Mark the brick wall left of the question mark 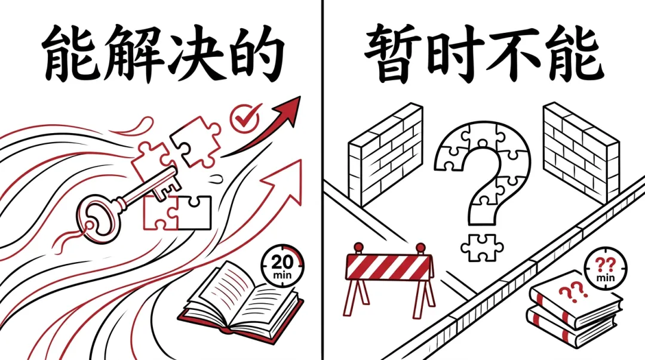coord(385,155)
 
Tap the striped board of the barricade coord(389,266)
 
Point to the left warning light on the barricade coord(359,247)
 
